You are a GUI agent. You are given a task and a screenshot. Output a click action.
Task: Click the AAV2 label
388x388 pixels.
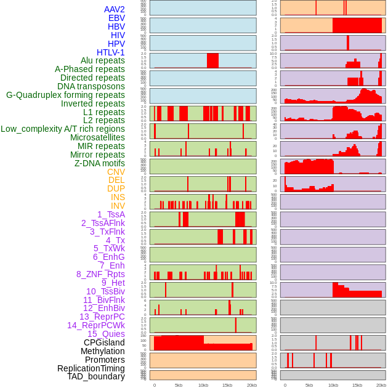tap(115, 9)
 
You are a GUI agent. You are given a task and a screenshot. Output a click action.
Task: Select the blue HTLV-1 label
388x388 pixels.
tap(110, 52)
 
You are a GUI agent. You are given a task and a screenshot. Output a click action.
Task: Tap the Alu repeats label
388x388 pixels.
tap(103, 60)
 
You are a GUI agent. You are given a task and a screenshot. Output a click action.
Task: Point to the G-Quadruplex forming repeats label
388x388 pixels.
tap(65, 95)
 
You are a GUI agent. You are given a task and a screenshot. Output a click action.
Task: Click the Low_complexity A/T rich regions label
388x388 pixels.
tap(63, 129)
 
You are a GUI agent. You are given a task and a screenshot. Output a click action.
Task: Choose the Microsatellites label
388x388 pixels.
tap(97, 137)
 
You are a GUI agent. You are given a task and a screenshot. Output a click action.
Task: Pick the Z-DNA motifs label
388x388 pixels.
tap(100, 163)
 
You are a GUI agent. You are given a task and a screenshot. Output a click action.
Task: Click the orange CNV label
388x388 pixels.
tap(116, 172)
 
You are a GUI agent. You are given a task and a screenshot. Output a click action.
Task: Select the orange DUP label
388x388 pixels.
tap(116, 188)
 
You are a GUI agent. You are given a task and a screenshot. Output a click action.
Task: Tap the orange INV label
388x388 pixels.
tap(118, 206)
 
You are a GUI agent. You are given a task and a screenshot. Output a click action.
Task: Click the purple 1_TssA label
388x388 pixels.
tap(111, 214)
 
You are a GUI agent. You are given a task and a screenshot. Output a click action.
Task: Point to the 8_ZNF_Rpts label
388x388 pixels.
tap(100, 274)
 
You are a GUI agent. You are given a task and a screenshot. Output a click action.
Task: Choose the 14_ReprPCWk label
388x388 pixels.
tap(96, 325)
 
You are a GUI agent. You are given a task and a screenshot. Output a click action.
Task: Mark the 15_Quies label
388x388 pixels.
tap(106, 334)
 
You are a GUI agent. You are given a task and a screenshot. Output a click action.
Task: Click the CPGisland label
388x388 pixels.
tap(104, 342)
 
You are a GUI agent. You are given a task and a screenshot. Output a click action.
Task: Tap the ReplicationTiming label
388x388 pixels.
tap(91, 368)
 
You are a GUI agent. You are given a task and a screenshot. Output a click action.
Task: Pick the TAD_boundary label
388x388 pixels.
tap(96, 376)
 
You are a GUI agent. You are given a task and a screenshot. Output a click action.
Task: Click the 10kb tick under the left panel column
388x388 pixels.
tap(203, 385)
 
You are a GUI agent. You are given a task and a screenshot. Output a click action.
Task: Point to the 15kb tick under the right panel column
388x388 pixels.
tap(357, 385)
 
